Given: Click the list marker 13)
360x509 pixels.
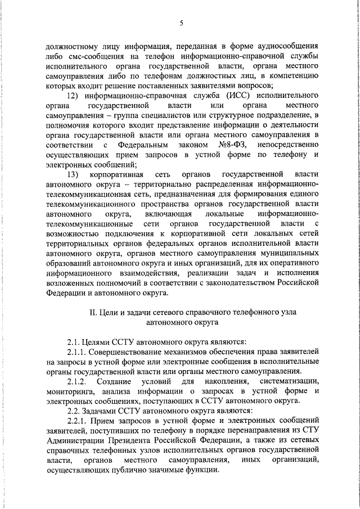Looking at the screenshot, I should click(72, 175).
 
